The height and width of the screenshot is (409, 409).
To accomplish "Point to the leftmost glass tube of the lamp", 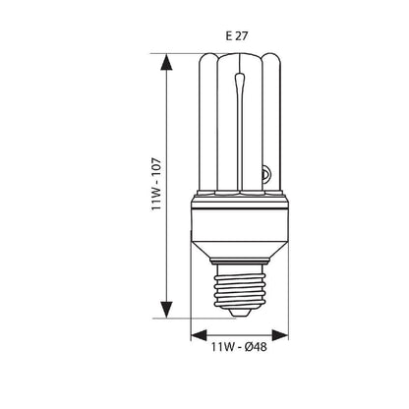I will coord(205,128).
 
